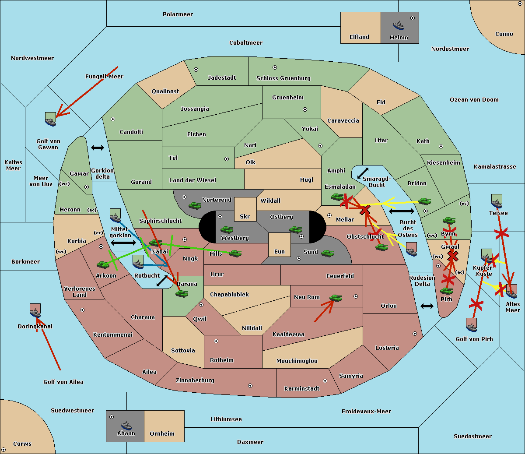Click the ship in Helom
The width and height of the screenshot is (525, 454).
pos(399,25)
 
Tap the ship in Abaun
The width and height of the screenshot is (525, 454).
pos(126,425)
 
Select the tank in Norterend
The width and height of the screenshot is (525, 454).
pos(195,205)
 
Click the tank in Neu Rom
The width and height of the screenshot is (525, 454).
pos(336,298)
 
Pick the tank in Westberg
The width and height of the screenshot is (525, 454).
pos(227,229)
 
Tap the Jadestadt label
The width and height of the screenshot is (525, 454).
pos(222,78)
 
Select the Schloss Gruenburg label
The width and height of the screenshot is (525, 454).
pos(283,78)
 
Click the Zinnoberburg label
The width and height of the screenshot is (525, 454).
pos(195,380)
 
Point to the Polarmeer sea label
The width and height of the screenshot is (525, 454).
pos(178,14)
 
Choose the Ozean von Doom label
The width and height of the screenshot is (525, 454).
pos(474,100)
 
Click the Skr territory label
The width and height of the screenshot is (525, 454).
pos(245,216)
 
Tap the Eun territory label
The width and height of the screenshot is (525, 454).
pos(280,251)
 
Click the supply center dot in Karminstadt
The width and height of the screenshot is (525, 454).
pos(325,381)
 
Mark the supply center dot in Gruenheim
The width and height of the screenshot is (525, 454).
pos(305,109)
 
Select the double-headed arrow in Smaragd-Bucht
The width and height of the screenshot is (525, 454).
pos(363,173)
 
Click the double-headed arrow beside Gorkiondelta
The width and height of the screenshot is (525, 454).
pos(98,148)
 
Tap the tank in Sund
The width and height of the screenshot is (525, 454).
pos(327,253)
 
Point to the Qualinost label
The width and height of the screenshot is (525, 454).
pos(165,91)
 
